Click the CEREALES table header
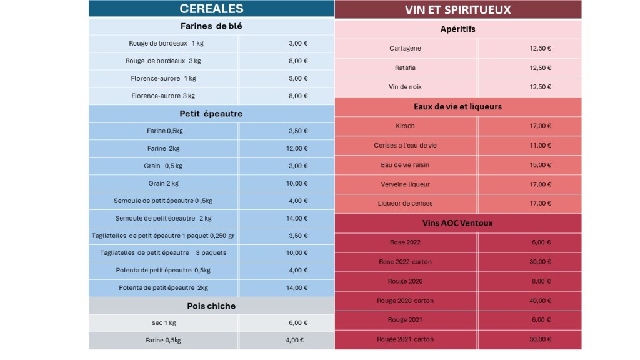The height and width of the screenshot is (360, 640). tap(211, 9)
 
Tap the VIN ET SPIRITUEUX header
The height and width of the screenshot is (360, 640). tap(457, 9)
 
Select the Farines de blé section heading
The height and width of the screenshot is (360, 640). tap(211, 26)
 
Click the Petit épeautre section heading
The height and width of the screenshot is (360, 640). tap(211, 114)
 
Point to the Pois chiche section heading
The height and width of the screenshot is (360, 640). tap(211, 306)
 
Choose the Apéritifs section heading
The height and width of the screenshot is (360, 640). tap(457, 29)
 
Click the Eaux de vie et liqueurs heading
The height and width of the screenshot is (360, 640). tap(457, 106)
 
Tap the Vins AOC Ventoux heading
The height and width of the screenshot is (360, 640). tap(457, 222)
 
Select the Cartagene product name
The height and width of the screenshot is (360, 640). tap(405, 48)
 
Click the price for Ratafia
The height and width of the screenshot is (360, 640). tap(540, 67)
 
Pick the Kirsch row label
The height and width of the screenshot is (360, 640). tap(405, 126)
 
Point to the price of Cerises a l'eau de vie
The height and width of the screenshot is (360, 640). tap(540, 145)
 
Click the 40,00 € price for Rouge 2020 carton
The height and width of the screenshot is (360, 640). tap(540, 301)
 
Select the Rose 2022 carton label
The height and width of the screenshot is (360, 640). tap(405, 262)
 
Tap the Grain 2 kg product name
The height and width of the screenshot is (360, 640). tap(163, 183)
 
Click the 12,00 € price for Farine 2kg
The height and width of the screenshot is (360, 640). tap(298, 148)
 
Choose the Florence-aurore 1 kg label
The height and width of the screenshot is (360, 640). tap(163, 78)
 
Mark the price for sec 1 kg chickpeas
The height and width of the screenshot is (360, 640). tap(298, 323)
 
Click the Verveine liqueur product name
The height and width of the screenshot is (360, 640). tap(405, 184)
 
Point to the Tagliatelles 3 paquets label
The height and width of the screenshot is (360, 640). tap(163, 253)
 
